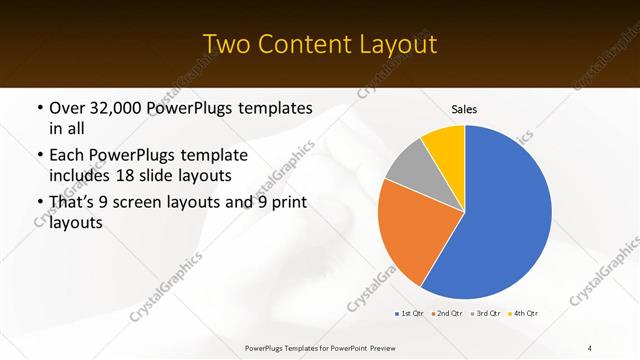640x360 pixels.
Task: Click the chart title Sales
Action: [x=464, y=108]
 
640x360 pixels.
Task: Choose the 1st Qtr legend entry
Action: [x=410, y=313]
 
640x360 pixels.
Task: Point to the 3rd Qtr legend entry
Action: [x=486, y=313]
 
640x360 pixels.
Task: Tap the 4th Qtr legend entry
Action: [x=524, y=313]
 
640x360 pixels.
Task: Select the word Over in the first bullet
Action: [x=68, y=108]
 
